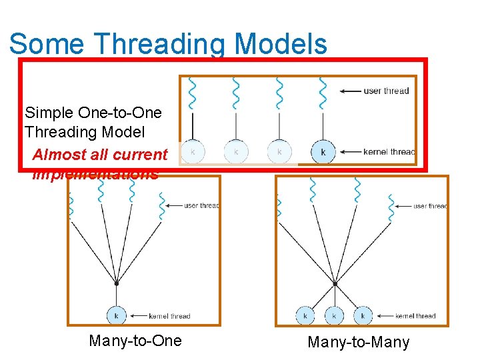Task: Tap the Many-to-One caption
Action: pos(135,341)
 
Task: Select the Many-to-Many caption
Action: pos(358,343)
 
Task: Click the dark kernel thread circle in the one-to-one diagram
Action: pos(323,152)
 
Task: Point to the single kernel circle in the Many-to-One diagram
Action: pos(117,315)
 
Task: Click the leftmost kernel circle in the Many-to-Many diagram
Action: pos(306,315)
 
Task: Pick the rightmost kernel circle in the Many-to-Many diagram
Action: pos(363,315)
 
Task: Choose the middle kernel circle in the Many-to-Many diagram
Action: pos(334,315)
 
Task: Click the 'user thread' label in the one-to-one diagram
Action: pos(386,91)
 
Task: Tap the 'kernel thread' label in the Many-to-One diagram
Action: pos(170,316)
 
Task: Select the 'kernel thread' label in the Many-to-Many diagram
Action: pos(415,316)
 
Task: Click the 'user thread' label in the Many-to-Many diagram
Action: pos(429,206)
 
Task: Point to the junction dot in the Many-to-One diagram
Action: pos(117,283)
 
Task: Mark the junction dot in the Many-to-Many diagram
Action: pos(335,283)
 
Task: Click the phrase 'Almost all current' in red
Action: pos(100,155)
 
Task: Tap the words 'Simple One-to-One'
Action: pos(93,112)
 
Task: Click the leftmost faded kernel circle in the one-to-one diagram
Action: pos(193,152)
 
